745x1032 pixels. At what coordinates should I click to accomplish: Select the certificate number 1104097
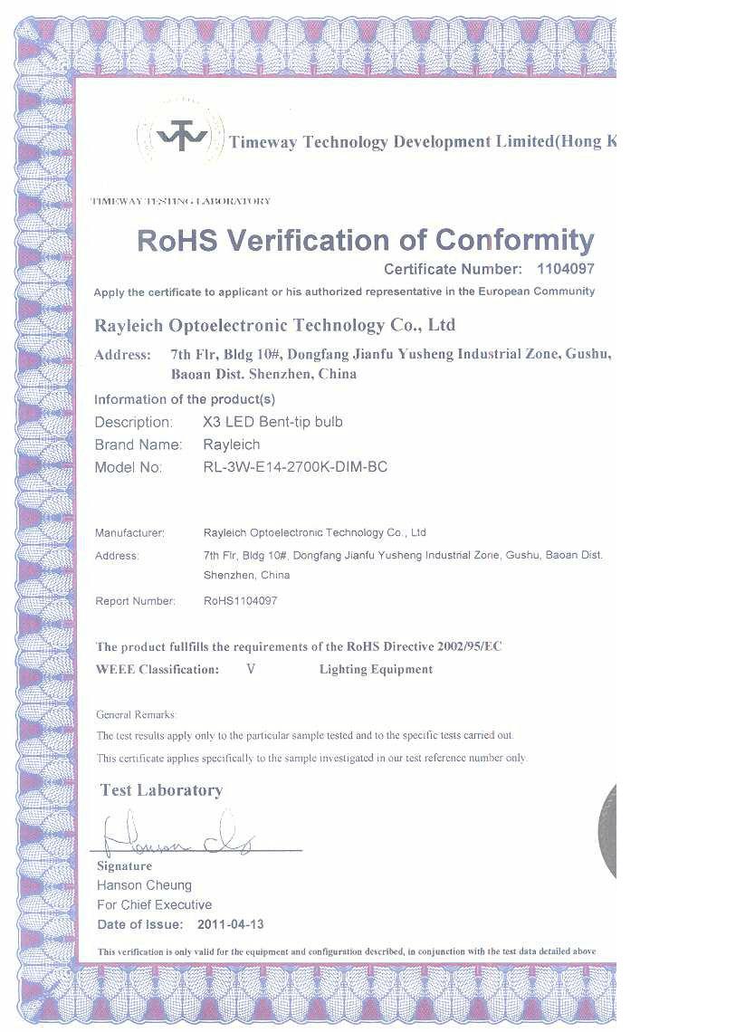[567, 269]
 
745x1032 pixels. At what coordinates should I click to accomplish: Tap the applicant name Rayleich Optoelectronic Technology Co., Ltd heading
[274, 325]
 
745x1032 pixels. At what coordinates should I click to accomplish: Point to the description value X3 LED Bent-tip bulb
[273, 422]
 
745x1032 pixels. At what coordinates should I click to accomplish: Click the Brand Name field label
[138, 444]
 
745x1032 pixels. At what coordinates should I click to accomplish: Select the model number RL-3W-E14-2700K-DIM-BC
[296, 467]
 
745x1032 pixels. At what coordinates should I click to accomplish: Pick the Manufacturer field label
[129, 532]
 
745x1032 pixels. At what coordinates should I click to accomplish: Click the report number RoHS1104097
[241, 600]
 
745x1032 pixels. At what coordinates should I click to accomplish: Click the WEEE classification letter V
[251, 670]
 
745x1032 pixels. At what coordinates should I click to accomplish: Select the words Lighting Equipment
[376, 670]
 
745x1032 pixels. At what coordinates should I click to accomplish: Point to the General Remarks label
[136, 715]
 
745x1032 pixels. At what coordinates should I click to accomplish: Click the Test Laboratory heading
[161, 790]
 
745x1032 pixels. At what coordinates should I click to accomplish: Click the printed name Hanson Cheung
[144, 884]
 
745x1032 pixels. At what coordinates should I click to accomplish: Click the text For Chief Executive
[154, 904]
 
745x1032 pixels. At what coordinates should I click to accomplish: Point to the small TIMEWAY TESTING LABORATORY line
[180, 201]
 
